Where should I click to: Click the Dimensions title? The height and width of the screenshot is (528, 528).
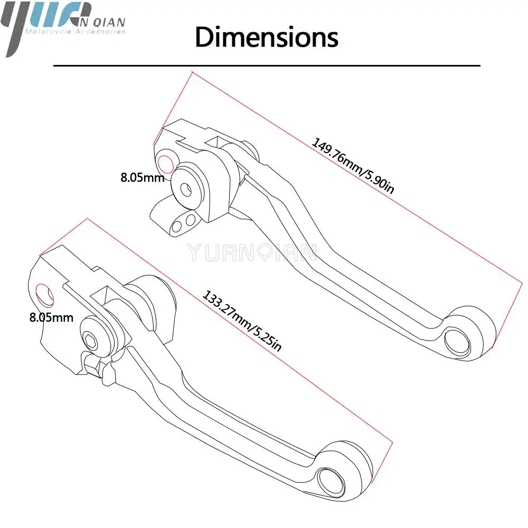(x=267, y=37)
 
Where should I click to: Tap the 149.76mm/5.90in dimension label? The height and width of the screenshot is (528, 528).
(x=352, y=166)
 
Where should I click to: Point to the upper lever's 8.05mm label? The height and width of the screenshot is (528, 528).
(x=142, y=177)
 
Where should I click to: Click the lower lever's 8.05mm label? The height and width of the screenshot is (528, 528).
(x=51, y=317)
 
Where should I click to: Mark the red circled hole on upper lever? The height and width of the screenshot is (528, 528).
(x=165, y=164)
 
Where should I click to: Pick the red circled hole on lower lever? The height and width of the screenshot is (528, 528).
(x=44, y=294)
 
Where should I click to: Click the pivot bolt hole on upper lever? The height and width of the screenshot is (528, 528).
(x=186, y=188)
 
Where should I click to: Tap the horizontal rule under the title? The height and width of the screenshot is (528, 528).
(x=267, y=65)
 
